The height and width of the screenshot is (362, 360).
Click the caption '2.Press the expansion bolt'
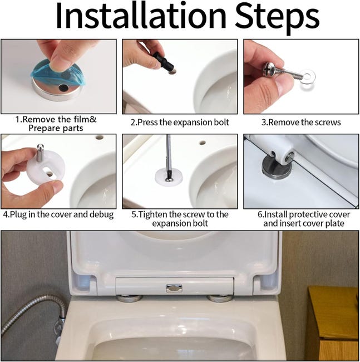179,122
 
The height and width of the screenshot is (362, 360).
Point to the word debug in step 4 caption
101,214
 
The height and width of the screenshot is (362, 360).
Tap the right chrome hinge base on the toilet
219,298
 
